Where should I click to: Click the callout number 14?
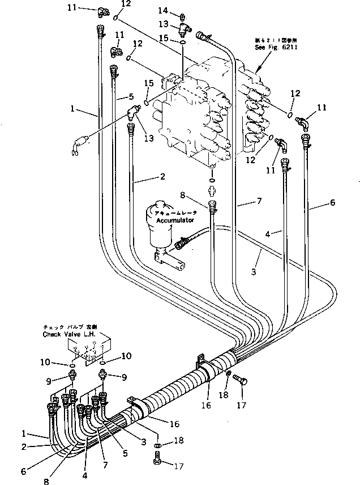click(163, 11)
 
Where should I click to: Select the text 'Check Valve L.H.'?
click(70, 335)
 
